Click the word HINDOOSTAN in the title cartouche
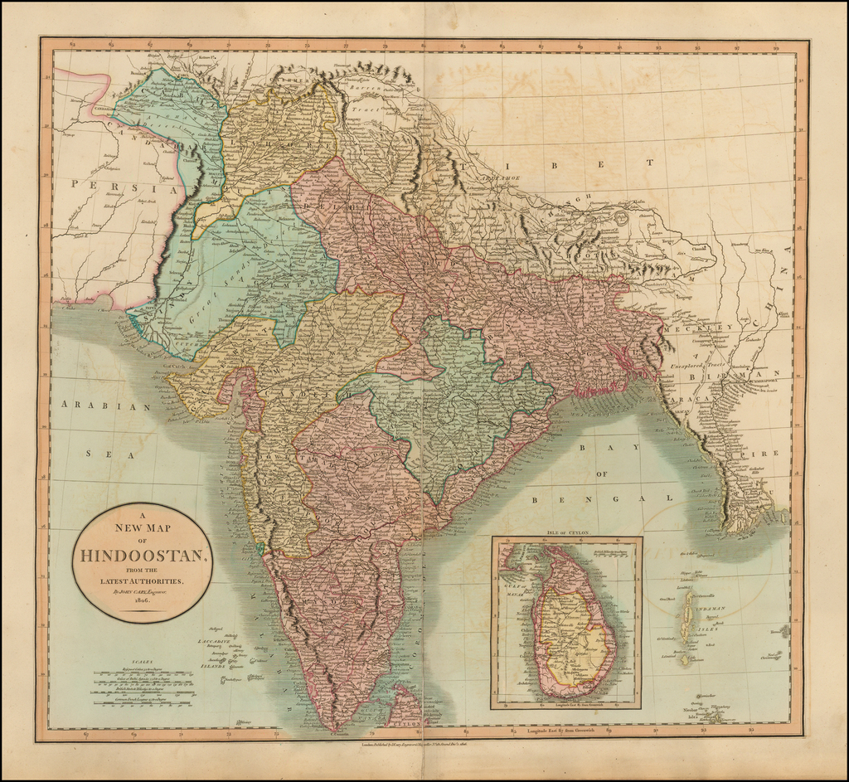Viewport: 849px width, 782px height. (143, 555)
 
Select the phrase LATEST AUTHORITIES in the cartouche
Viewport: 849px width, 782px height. (142, 581)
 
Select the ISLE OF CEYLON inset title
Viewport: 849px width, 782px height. (567, 531)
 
